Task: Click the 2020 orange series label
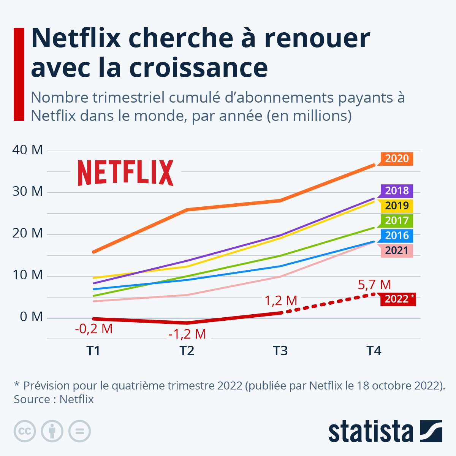(397, 158)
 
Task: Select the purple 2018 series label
(397, 191)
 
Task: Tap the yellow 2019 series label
(397, 206)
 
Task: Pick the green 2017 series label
(397, 220)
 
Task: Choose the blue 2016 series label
(397, 235)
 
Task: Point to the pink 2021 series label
(396, 250)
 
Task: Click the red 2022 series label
(397, 299)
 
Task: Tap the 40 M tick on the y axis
(27, 150)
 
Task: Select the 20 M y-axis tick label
(27, 233)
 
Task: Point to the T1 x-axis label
(93, 351)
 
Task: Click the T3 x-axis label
(280, 351)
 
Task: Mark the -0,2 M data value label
(93, 329)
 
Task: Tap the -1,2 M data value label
(187, 334)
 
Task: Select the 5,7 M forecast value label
(374, 285)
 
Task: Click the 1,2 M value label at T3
(280, 301)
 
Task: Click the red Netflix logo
(125, 173)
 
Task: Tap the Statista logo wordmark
(370, 431)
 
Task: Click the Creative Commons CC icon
(25, 431)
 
